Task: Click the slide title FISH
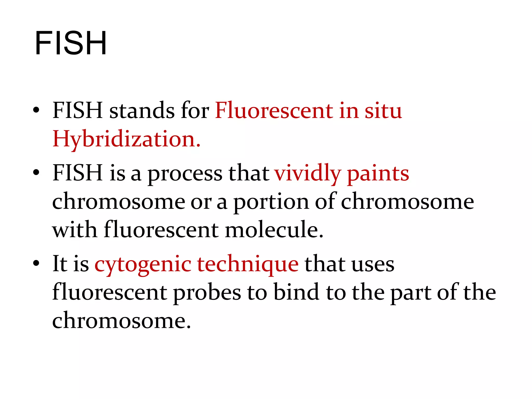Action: [x=71, y=43]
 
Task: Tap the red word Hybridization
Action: [x=126, y=139]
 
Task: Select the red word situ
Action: [x=383, y=110]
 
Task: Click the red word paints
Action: [x=378, y=173]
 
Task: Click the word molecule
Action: [x=274, y=230]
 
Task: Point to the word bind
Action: [x=296, y=292]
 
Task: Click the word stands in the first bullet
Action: [x=142, y=110]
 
